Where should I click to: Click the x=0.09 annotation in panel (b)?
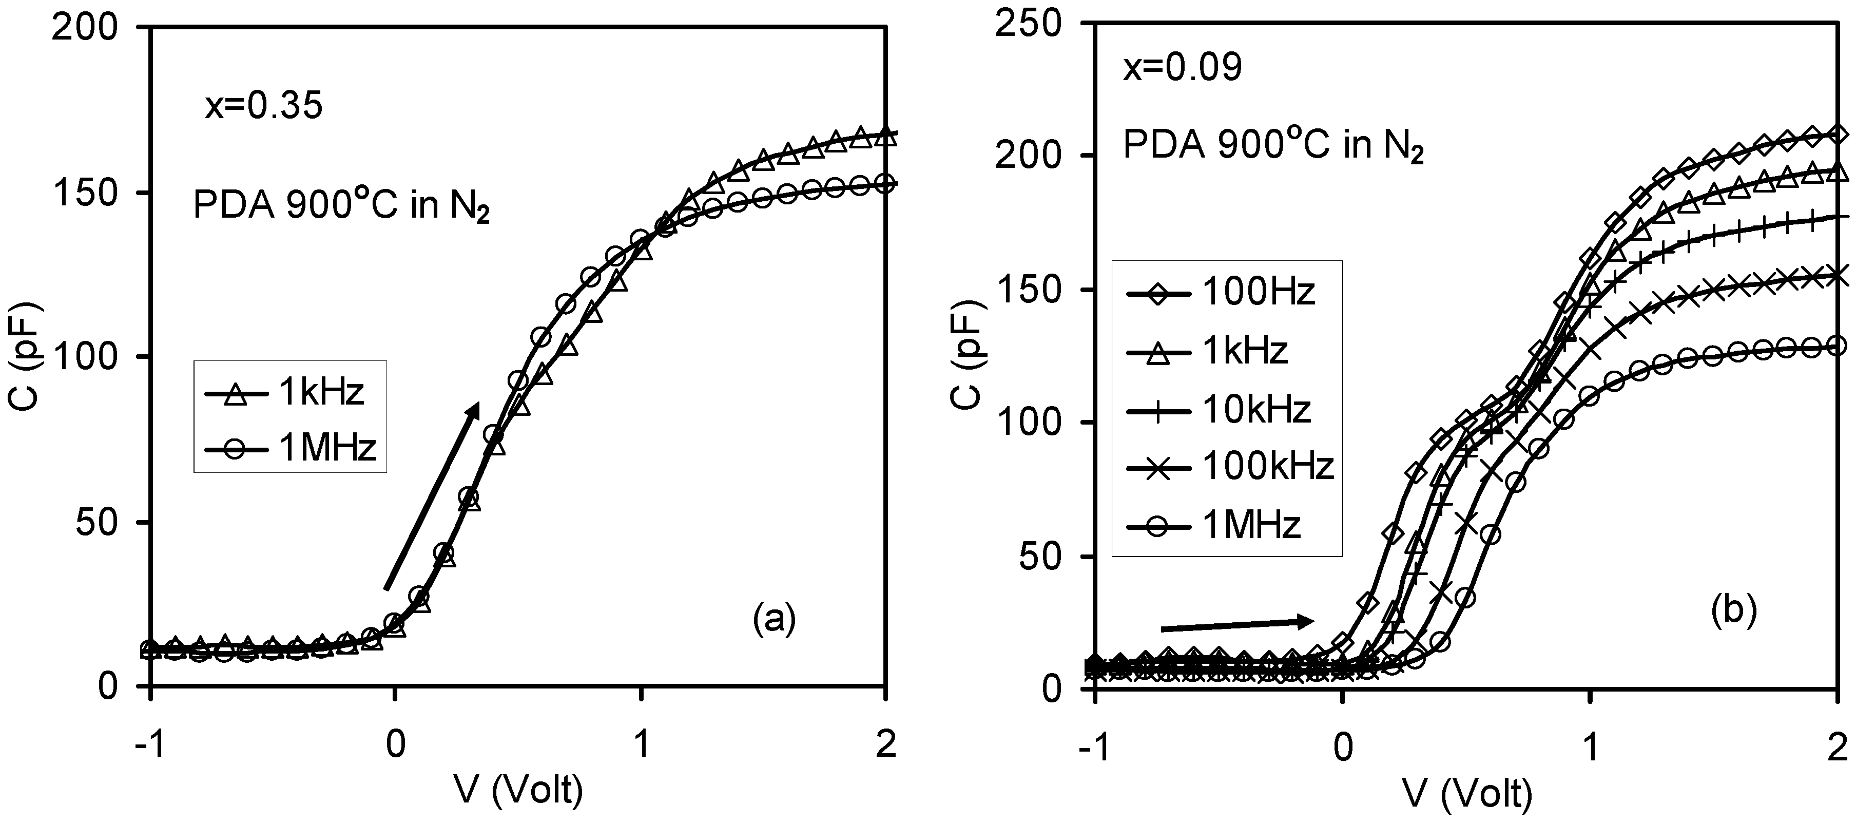click(1183, 68)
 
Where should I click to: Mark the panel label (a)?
click(774, 618)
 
